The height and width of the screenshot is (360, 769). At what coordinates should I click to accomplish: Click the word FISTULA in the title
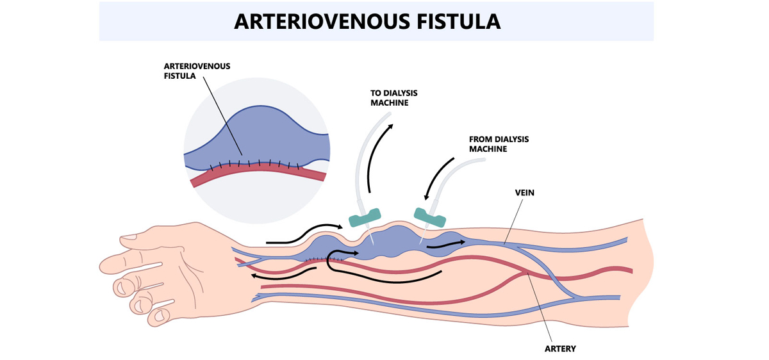[x=456, y=21]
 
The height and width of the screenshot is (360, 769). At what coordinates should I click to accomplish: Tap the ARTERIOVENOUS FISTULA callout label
[x=197, y=70]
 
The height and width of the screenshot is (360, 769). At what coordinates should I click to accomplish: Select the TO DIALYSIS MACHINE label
[x=393, y=97]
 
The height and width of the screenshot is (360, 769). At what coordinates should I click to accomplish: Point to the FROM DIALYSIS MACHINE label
[x=499, y=143]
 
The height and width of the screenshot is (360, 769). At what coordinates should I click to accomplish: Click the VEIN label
[x=524, y=192]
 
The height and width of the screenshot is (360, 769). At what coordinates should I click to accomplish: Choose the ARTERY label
[x=560, y=348]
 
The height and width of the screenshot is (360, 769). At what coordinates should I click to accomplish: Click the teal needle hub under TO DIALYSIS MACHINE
[x=365, y=217]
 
